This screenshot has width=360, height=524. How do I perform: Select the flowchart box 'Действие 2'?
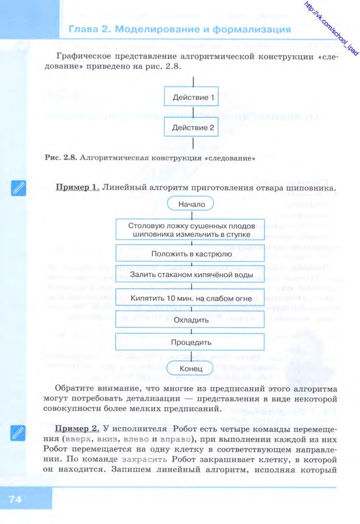click(193, 127)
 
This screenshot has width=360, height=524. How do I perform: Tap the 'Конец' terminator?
click(191, 368)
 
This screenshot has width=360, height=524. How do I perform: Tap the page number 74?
click(15, 499)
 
